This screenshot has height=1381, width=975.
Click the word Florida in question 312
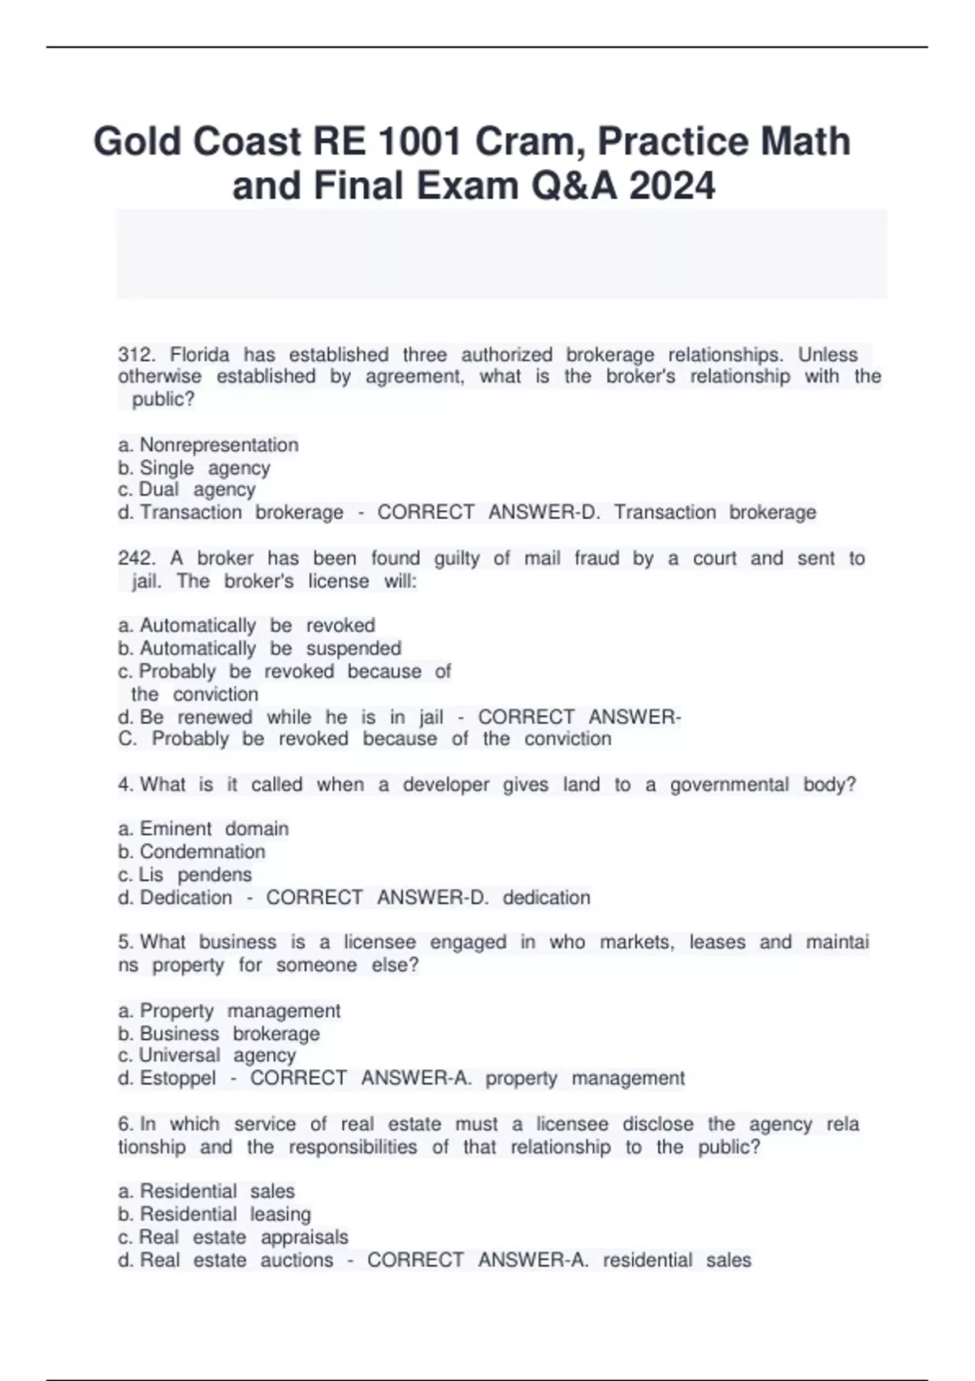(x=200, y=355)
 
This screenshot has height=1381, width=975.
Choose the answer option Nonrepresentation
(x=219, y=445)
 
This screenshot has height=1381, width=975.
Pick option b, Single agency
(x=205, y=468)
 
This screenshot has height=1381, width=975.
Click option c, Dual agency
(x=197, y=490)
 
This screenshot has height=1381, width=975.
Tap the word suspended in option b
(x=353, y=648)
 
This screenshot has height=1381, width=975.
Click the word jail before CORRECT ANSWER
(x=431, y=717)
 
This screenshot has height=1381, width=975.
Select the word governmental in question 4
(x=729, y=785)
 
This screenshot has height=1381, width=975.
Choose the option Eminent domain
(x=214, y=829)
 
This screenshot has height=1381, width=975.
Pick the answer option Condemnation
(x=202, y=851)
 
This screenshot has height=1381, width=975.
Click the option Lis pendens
(x=195, y=875)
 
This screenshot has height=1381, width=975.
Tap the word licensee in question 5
(x=379, y=942)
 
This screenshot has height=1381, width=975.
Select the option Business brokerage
(x=229, y=1033)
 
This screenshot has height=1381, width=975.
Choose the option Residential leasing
(x=225, y=1214)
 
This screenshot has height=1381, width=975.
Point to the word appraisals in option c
(x=304, y=1237)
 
